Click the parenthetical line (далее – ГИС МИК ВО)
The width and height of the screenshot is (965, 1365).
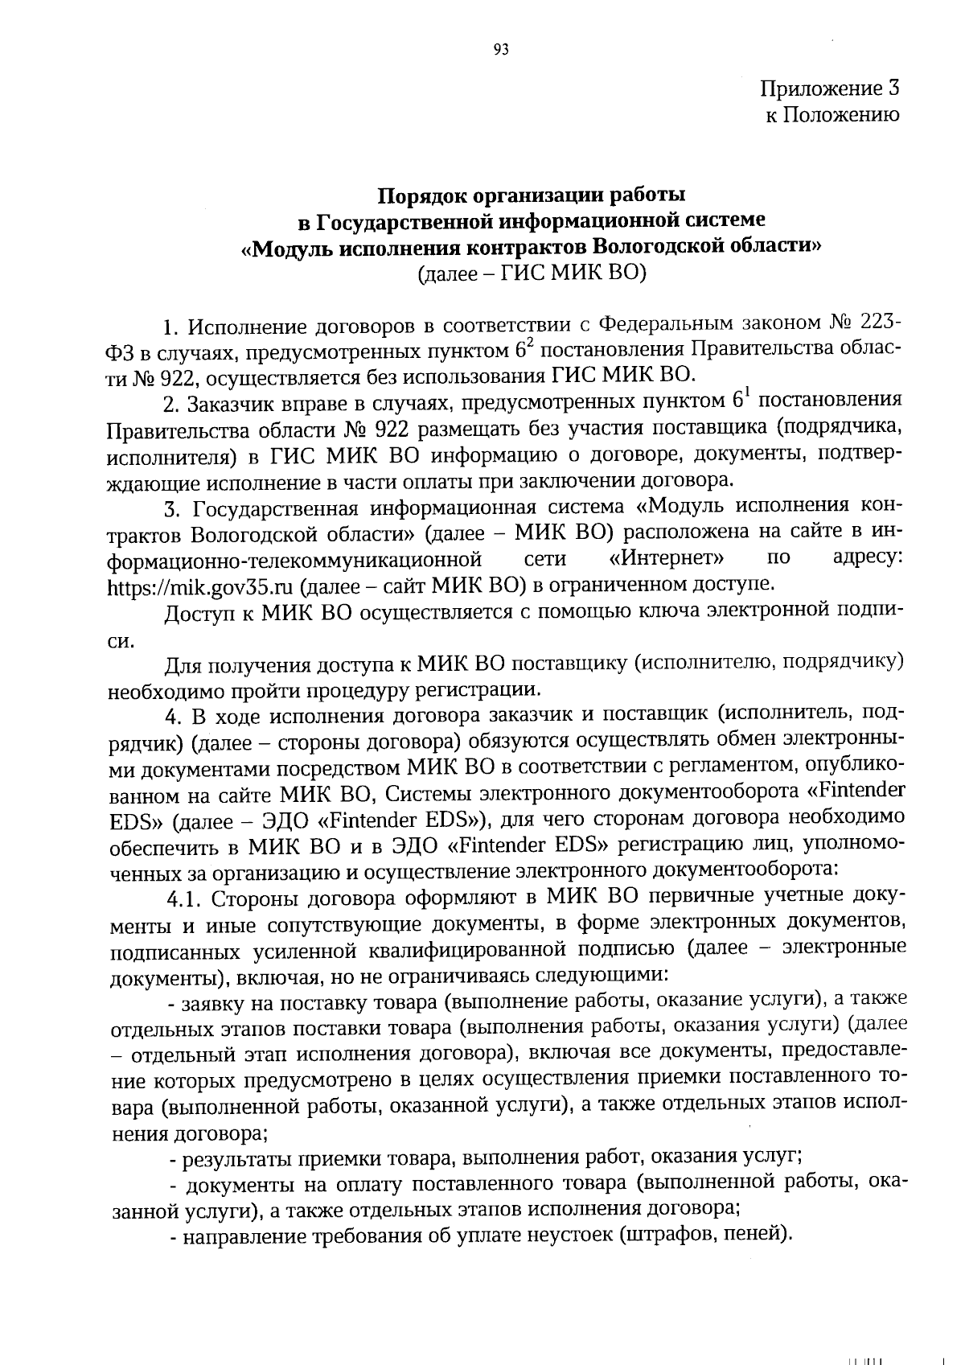click(x=532, y=273)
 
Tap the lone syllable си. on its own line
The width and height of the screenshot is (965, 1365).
click(x=120, y=641)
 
